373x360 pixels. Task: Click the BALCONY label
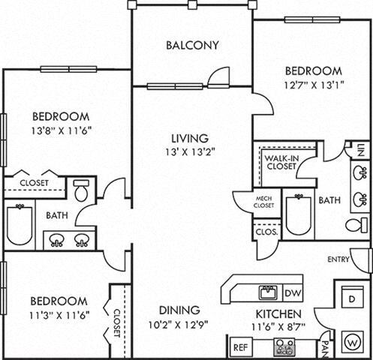point(193,45)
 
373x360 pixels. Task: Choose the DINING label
point(179,310)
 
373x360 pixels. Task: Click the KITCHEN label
point(278,313)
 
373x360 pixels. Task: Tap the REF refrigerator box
point(241,347)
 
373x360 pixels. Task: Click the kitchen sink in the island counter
point(266,291)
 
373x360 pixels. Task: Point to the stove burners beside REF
point(285,346)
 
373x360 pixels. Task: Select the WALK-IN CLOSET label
point(279,163)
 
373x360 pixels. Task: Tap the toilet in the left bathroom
point(81,191)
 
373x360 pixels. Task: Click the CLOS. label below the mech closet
point(266,232)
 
